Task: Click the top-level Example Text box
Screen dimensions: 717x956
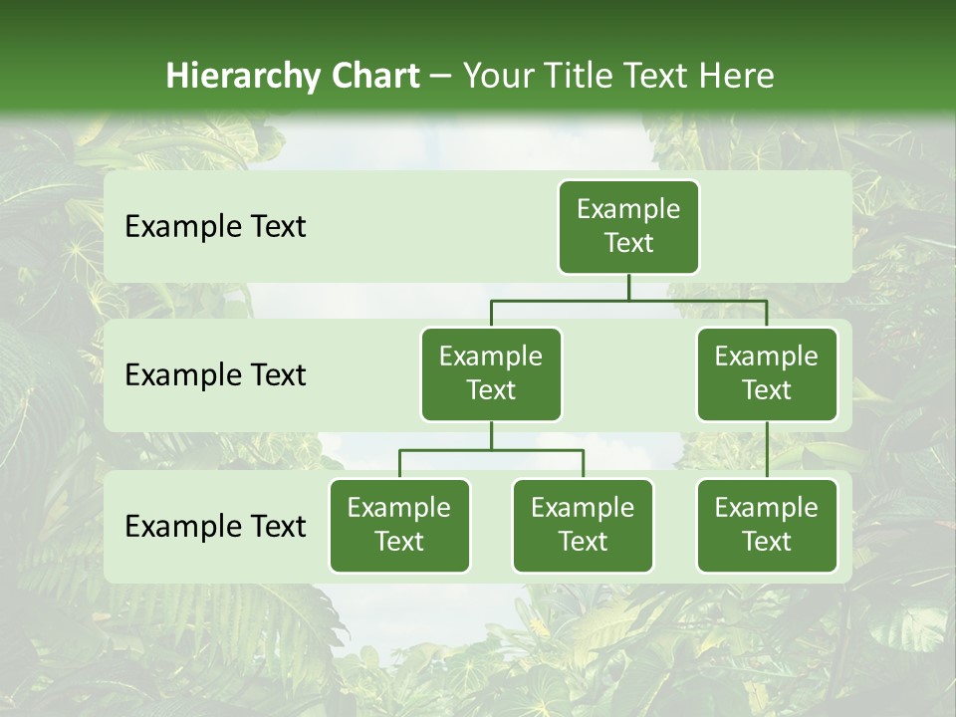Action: (628, 227)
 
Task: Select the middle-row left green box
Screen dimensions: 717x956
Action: (491, 374)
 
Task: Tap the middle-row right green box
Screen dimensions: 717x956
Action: (767, 374)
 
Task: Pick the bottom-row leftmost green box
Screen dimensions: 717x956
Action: (399, 526)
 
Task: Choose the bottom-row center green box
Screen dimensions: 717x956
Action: (583, 526)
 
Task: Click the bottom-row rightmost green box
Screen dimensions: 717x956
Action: (767, 526)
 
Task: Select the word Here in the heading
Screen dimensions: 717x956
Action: (738, 76)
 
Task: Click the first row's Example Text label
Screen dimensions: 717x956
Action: (215, 227)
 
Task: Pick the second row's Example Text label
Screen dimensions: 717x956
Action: (215, 375)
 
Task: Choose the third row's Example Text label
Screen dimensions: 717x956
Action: (215, 526)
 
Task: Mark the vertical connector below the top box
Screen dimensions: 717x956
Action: (628, 287)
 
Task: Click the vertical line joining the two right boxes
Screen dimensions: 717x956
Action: (767, 450)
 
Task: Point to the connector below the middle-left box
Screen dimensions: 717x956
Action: (491, 436)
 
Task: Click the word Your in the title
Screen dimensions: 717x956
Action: (498, 76)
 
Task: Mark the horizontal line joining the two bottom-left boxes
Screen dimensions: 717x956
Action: (491, 450)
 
